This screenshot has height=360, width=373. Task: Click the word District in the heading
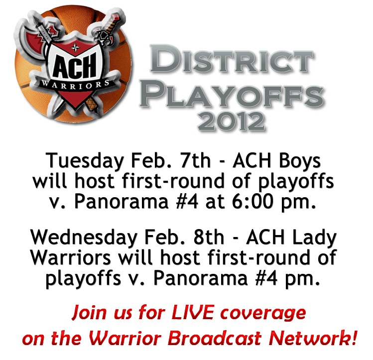coord(232,59)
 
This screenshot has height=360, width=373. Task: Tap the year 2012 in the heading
coord(231,121)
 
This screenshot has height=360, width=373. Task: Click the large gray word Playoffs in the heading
coord(231,94)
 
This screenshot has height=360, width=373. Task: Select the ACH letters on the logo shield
coord(75,65)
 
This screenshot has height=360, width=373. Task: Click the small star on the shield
coord(75,48)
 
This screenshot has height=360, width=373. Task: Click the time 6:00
coord(252,202)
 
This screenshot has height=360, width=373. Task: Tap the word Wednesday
coord(84,238)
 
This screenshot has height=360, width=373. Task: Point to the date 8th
coord(208,237)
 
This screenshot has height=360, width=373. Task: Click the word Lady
coord(314,238)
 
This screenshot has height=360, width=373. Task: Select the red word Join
coord(89,313)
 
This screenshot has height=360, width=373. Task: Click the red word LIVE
coord(193,312)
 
